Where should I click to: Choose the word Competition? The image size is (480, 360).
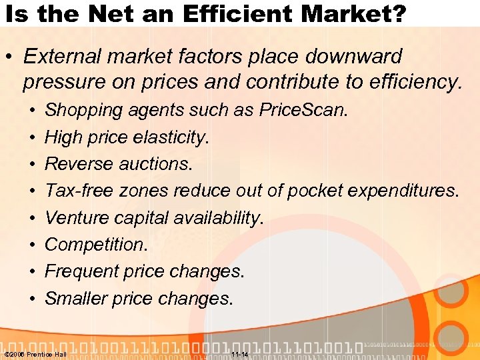(96, 245)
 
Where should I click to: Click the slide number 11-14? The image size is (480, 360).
(239, 354)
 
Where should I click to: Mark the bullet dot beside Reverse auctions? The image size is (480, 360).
(31, 164)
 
